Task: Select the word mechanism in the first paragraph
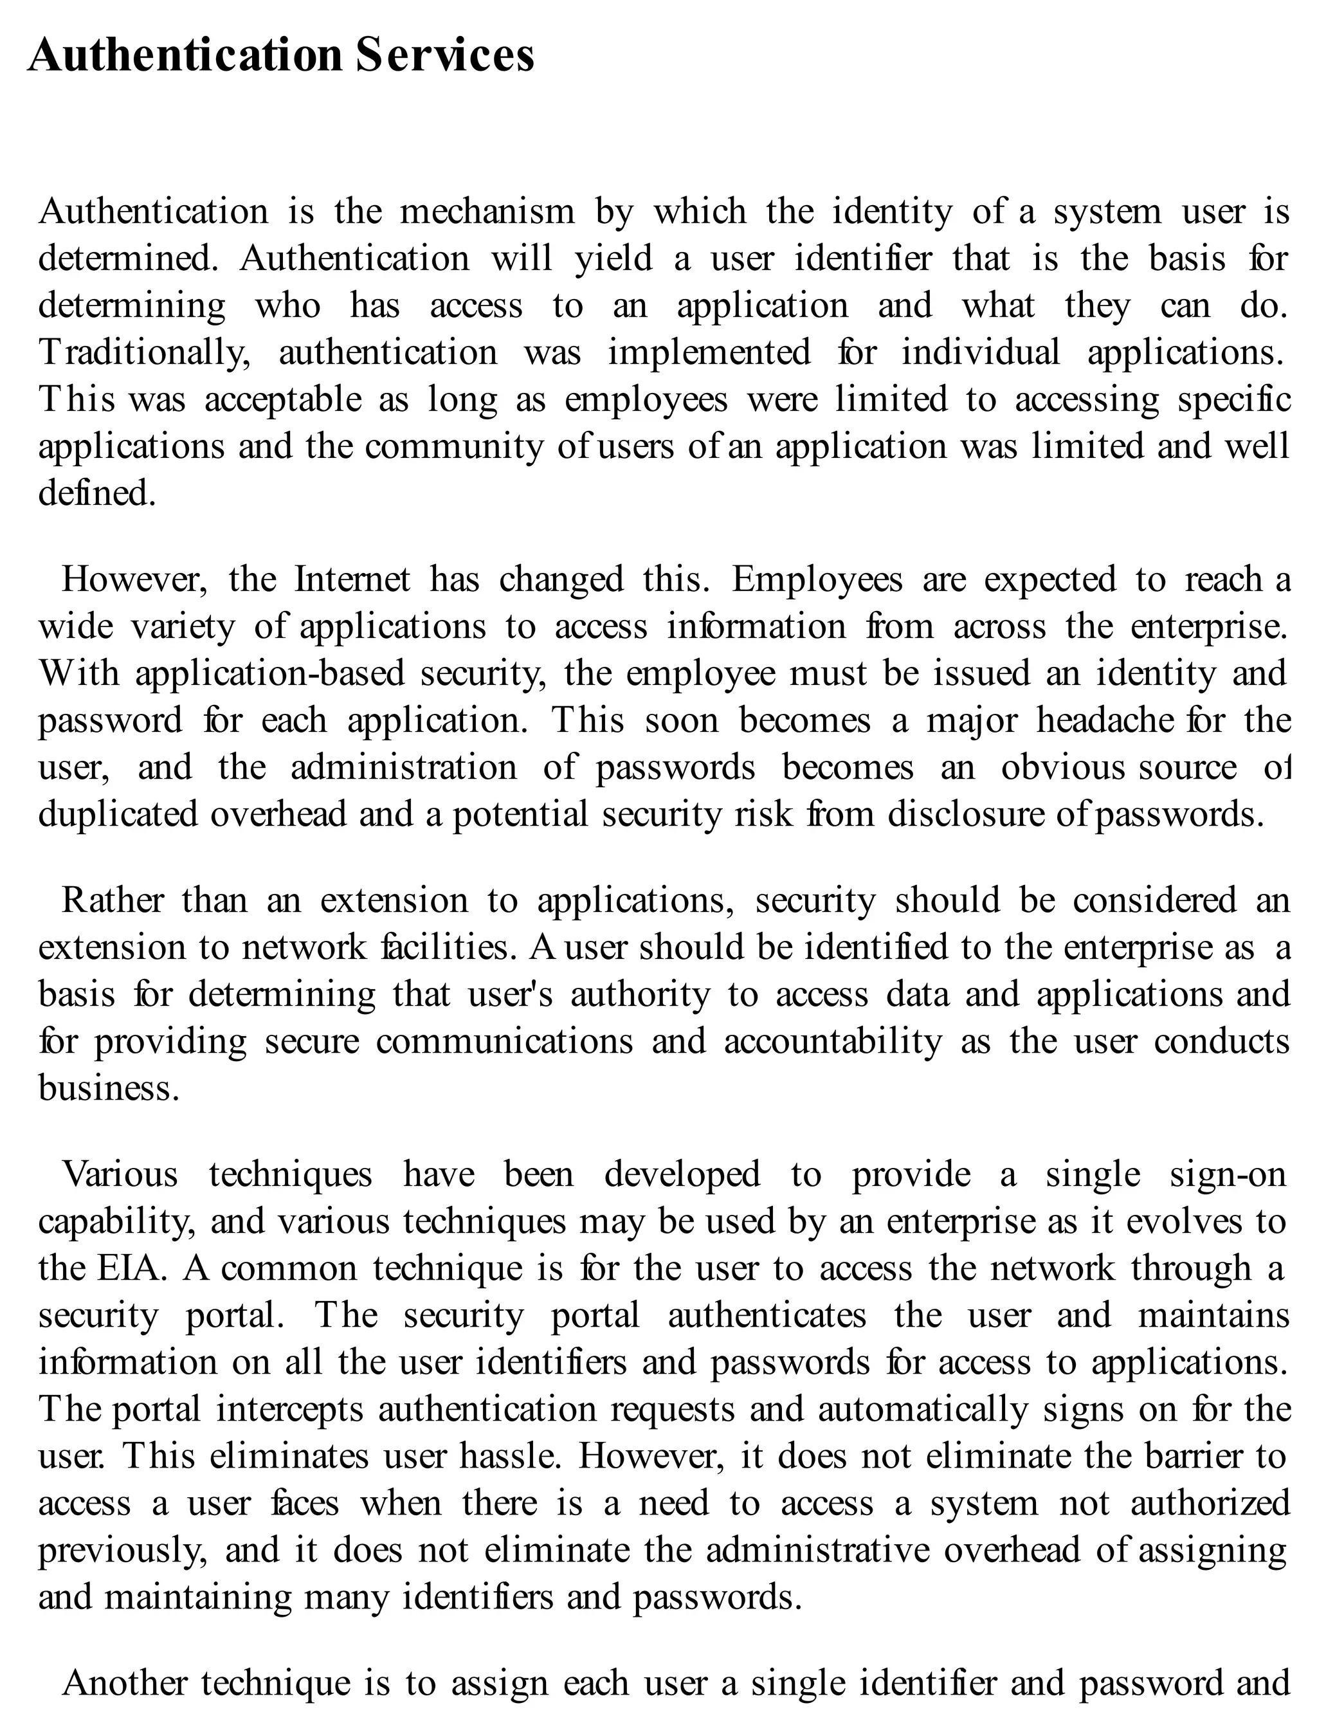487,212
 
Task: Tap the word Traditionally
144,352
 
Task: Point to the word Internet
352,579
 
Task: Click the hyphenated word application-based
269,673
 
